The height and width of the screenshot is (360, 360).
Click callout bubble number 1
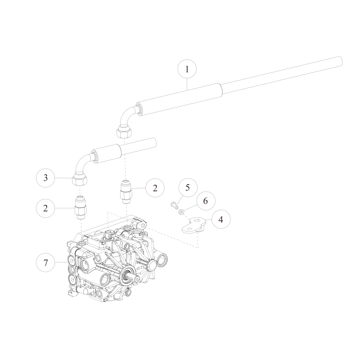coord(187,70)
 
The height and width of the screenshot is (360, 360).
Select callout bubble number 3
coord(45,178)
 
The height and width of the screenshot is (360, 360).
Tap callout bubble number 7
coord(45,262)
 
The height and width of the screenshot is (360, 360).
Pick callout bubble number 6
coord(205,201)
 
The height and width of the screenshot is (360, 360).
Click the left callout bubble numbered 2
coord(45,208)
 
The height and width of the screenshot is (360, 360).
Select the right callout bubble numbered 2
coord(155,188)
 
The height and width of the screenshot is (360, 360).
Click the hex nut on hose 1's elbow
coord(124,132)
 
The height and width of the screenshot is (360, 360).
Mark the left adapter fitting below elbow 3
coord(81,207)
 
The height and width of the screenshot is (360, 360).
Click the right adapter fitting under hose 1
coord(127,191)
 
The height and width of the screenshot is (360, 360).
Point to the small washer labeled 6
coord(181,211)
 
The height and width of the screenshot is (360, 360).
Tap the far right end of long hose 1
coord(338,62)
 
